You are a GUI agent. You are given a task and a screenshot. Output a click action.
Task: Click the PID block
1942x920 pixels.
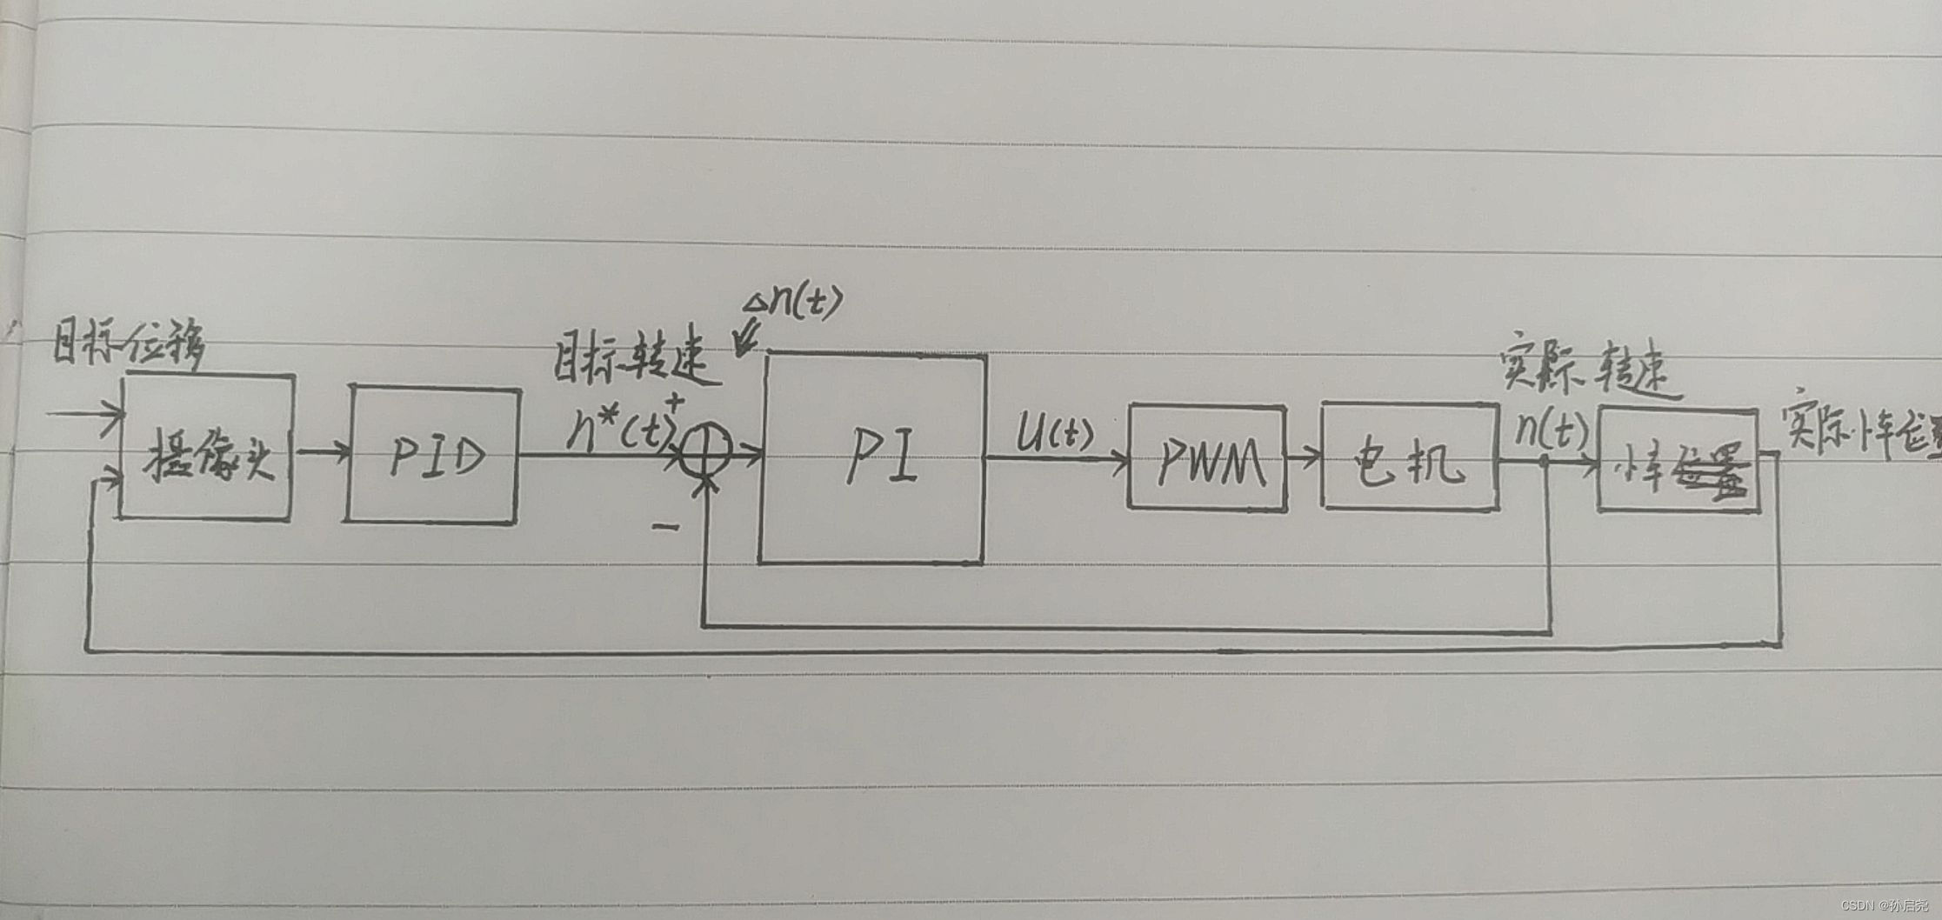[x=432, y=455]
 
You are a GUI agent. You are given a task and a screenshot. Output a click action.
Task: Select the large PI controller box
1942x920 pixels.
[x=872, y=459]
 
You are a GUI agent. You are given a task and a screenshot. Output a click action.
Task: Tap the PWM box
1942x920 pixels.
[x=1207, y=458]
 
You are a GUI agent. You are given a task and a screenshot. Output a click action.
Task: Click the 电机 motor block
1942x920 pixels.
[x=1409, y=457]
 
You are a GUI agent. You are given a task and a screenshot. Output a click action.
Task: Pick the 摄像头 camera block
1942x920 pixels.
[x=207, y=449]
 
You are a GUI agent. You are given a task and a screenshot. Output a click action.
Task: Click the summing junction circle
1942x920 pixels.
[x=705, y=450]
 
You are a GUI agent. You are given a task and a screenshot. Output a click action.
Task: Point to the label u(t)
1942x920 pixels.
[x=1054, y=432]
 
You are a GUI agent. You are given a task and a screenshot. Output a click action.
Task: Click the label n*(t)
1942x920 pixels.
[x=620, y=428]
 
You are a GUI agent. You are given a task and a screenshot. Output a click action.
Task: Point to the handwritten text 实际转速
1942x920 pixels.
[x=1588, y=363]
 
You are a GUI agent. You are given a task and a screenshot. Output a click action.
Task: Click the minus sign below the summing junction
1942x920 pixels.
[x=665, y=526]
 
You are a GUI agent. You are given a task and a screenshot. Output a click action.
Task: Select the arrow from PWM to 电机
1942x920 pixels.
[x=1304, y=455]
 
